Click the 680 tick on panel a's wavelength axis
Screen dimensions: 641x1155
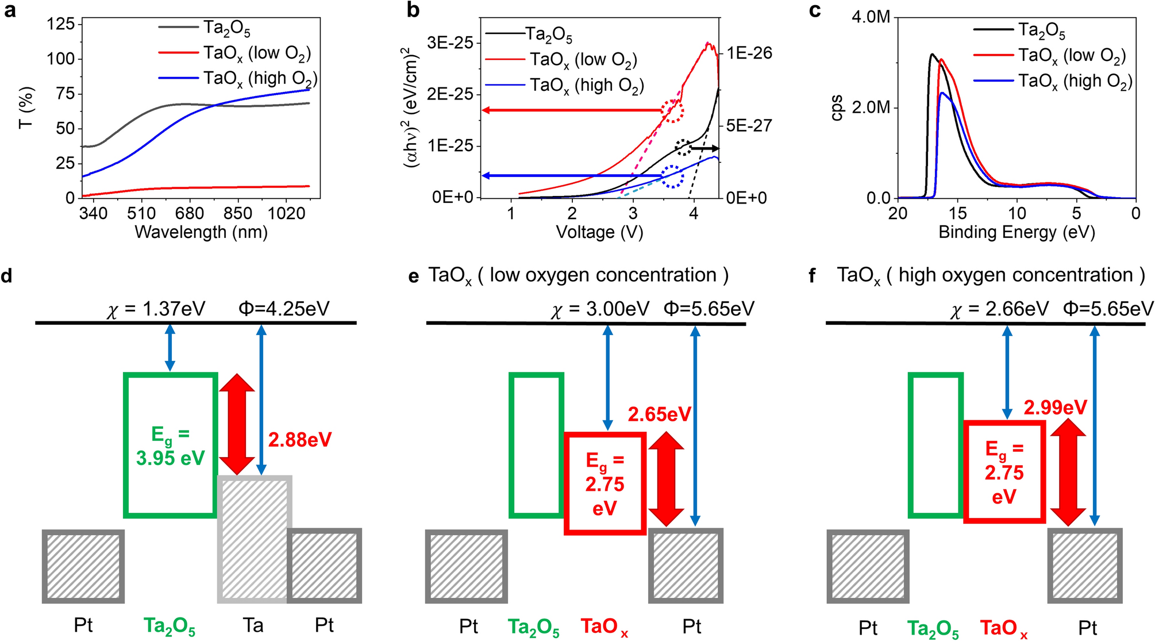[x=190, y=214]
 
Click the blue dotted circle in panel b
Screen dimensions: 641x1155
[x=672, y=176]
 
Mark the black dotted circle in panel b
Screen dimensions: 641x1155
[x=683, y=147]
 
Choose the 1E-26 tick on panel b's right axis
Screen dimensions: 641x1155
[x=749, y=53]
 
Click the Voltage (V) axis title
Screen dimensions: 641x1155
[x=599, y=232]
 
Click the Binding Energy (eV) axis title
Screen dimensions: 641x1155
[x=1017, y=232]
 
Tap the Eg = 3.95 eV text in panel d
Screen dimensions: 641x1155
[x=170, y=446]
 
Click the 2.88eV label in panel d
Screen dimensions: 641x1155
[x=300, y=440]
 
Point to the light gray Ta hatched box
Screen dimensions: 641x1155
[x=255, y=539]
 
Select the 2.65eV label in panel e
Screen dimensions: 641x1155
[x=659, y=414]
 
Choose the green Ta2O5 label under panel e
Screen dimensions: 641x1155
[x=533, y=627]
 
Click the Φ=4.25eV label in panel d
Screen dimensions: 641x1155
[x=284, y=309]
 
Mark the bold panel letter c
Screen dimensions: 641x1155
[x=814, y=10]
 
